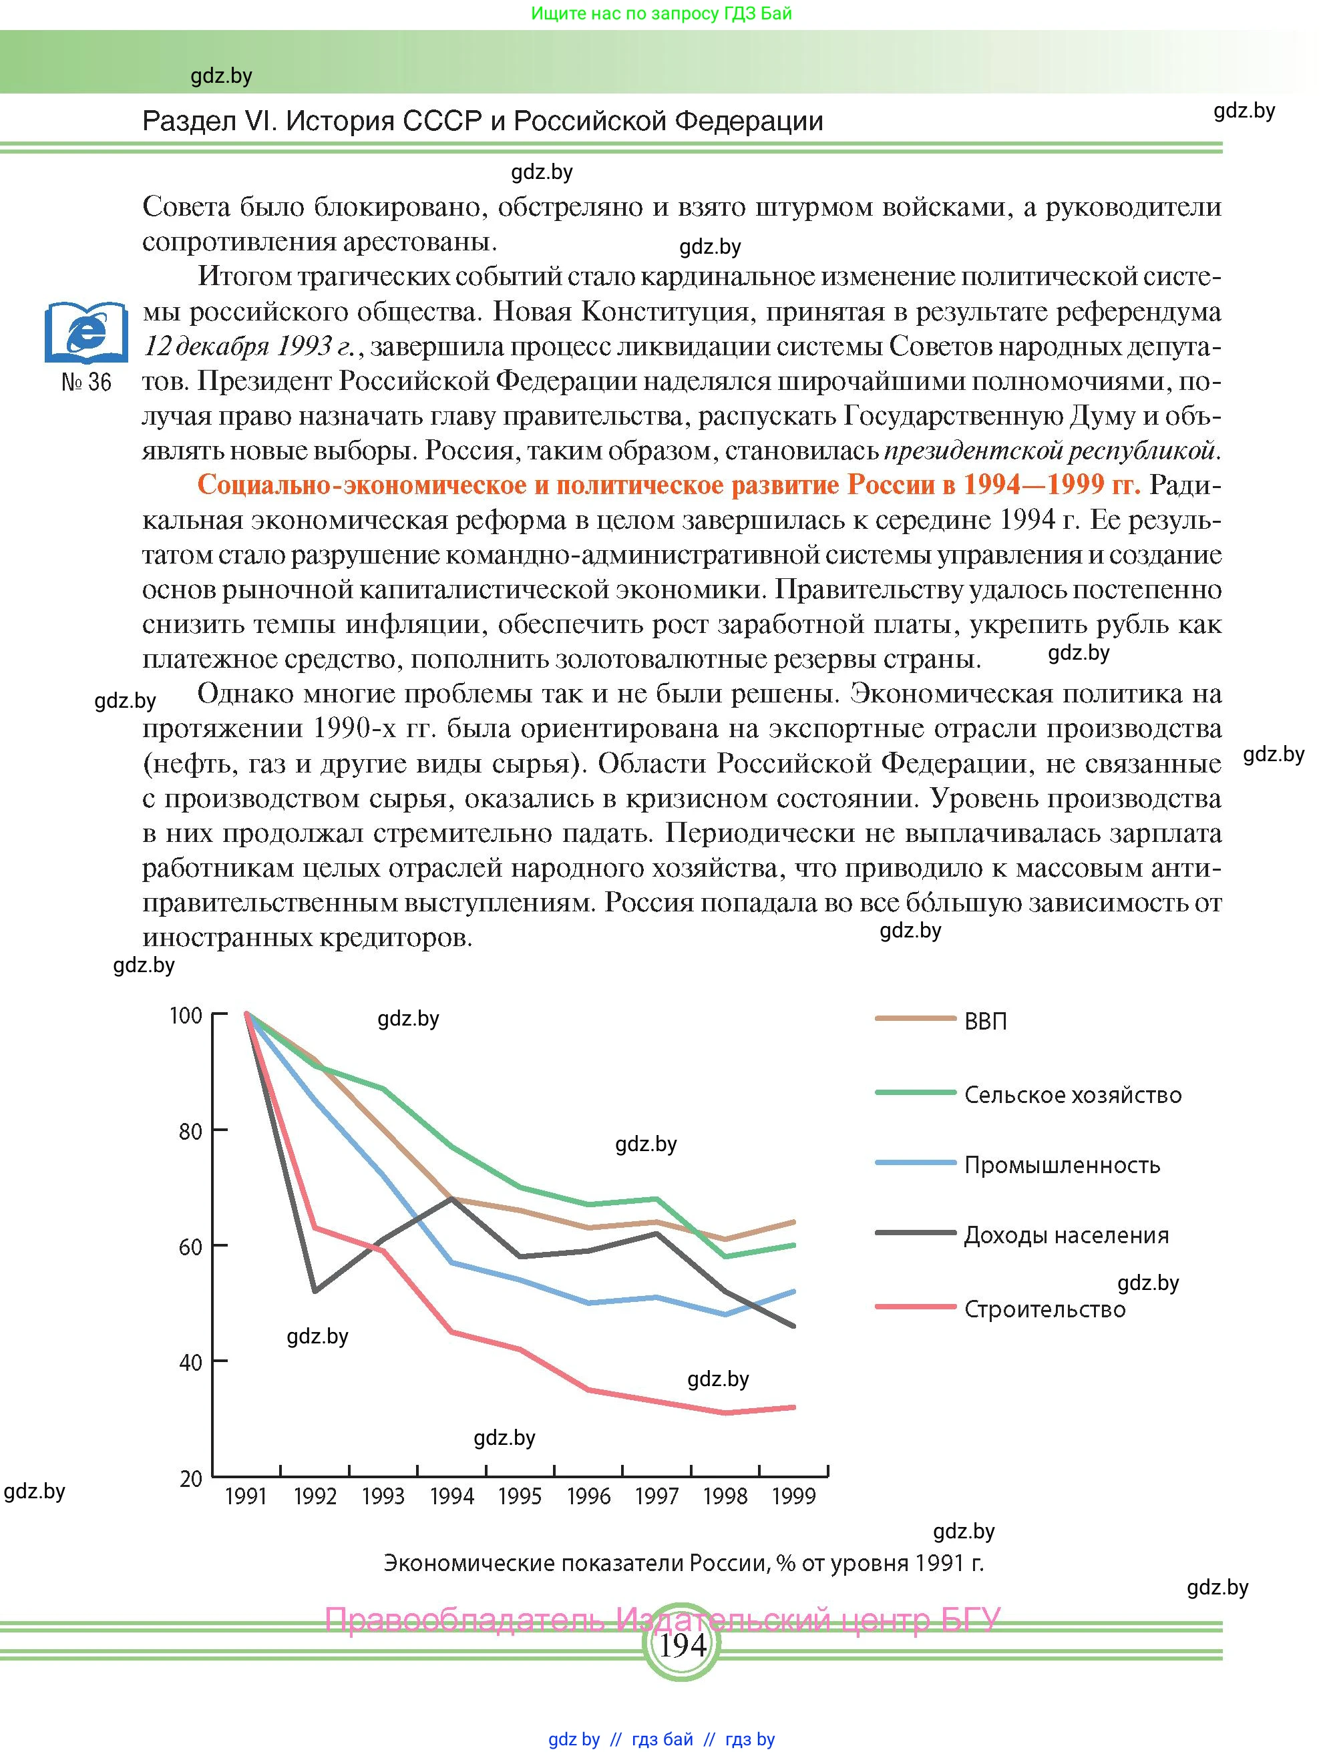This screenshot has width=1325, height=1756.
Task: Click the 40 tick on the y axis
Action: [190, 1362]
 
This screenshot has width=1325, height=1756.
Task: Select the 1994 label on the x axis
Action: [451, 1496]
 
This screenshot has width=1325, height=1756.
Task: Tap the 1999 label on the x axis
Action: [793, 1496]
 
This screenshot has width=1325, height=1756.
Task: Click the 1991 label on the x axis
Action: [246, 1496]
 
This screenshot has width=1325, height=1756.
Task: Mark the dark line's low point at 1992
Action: [315, 1291]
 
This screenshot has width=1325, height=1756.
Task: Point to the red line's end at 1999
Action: [794, 1407]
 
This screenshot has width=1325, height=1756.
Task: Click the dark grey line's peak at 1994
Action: [451, 1198]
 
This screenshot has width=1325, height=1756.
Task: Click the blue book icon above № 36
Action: [85, 331]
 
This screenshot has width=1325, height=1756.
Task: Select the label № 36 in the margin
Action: [85, 382]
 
